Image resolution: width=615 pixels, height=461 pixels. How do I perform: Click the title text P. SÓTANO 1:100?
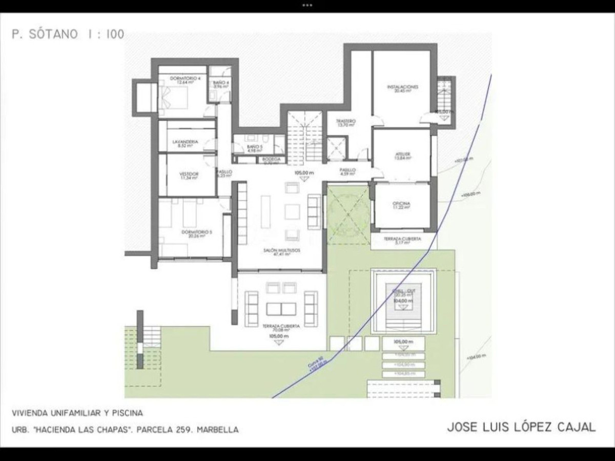click(x=67, y=35)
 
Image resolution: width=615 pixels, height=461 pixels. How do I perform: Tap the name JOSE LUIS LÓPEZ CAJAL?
click(x=521, y=427)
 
